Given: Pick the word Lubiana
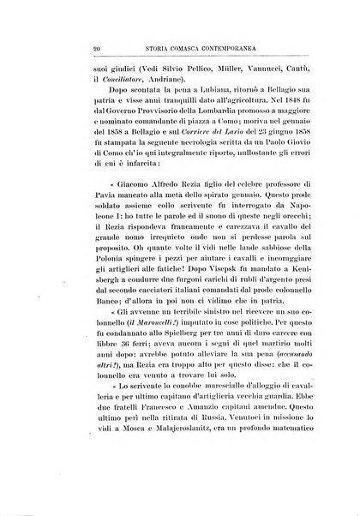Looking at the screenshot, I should [x=186, y=100].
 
